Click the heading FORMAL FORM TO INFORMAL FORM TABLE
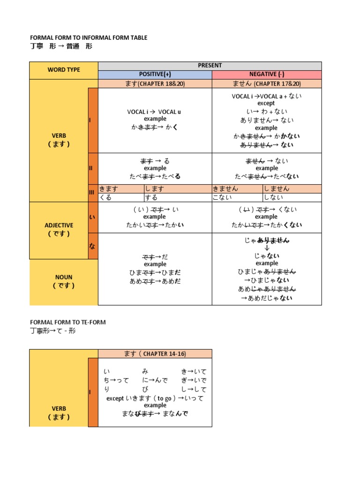[x=89, y=37]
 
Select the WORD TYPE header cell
[x=64, y=70]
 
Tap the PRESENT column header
[x=210, y=66]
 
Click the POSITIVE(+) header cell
[x=155, y=75]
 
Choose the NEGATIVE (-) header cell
[x=267, y=75]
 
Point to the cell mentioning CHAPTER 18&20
[x=155, y=83]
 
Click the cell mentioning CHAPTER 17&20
[x=267, y=83]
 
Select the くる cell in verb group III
[x=121, y=197]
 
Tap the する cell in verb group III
[x=178, y=197]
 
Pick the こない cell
[x=237, y=197]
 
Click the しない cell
[x=292, y=197]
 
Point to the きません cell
[x=237, y=188]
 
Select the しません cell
[x=292, y=188]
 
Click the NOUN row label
[x=64, y=281]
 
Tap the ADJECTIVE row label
[x=59, y=229]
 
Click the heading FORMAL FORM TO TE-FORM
[x=68, y=322]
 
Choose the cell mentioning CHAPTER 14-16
[x=155, y=353]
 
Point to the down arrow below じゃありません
[x=267, y=248]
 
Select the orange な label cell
[x=93, y=246]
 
